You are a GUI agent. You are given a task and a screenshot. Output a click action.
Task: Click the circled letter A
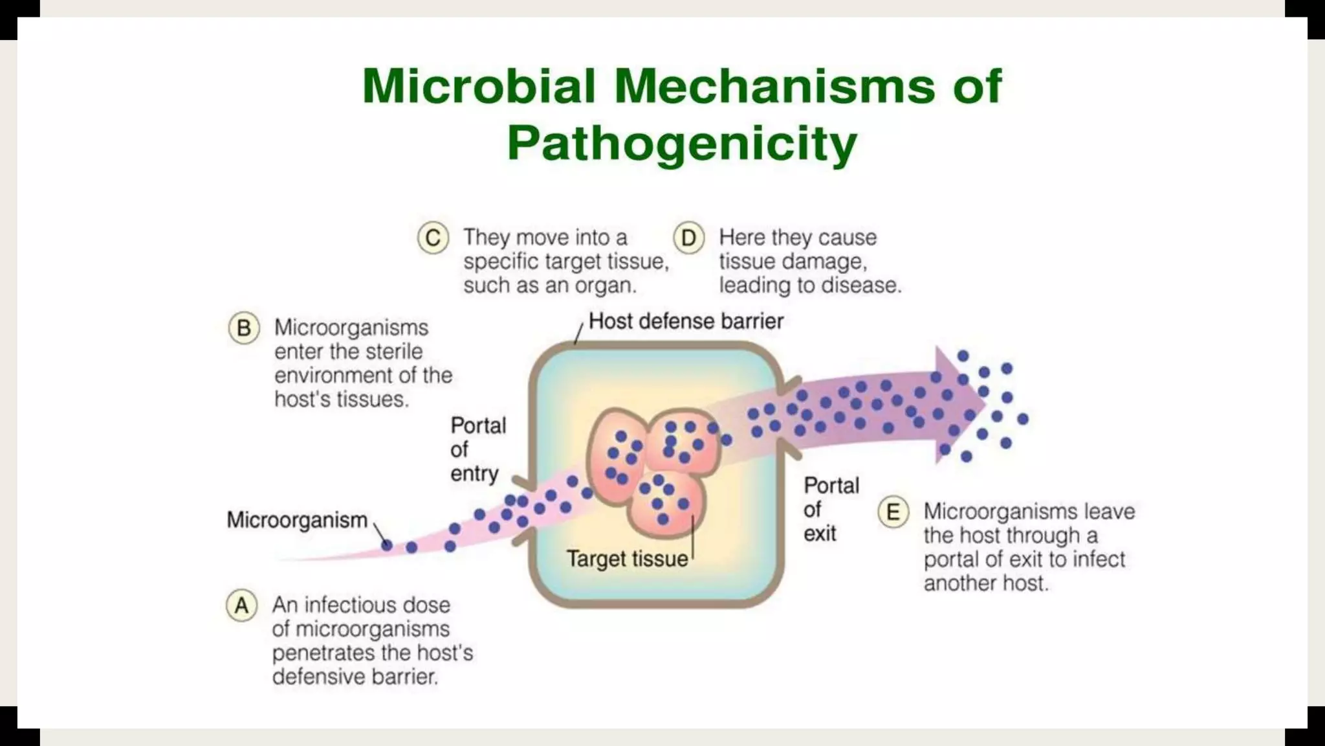tap(241, 606)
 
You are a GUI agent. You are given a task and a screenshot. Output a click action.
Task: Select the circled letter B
tap(244, 328)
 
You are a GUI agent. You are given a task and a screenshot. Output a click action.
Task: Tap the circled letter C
tap(433, 238)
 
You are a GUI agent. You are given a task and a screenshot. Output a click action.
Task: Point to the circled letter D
tap(688, 238)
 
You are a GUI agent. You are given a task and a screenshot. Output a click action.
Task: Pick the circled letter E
tap(893, 512)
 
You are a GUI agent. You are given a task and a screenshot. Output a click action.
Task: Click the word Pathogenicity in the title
tap(682, 143)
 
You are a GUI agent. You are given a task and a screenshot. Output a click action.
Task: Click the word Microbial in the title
tap(478, 86)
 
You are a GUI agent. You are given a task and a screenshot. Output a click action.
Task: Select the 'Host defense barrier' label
tap(686, 321)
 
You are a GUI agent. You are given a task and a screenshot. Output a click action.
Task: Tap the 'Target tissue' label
tap(627, 559)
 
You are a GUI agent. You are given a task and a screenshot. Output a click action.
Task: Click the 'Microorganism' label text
tap(297, 520)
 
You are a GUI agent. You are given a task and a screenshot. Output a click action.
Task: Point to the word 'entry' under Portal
tap(474, 474)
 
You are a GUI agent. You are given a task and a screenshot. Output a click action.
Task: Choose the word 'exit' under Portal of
tap(820, 534)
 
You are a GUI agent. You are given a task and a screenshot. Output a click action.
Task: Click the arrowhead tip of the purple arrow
tap(984, 405)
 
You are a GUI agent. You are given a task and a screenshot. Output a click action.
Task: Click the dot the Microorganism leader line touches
tap(387, 546)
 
